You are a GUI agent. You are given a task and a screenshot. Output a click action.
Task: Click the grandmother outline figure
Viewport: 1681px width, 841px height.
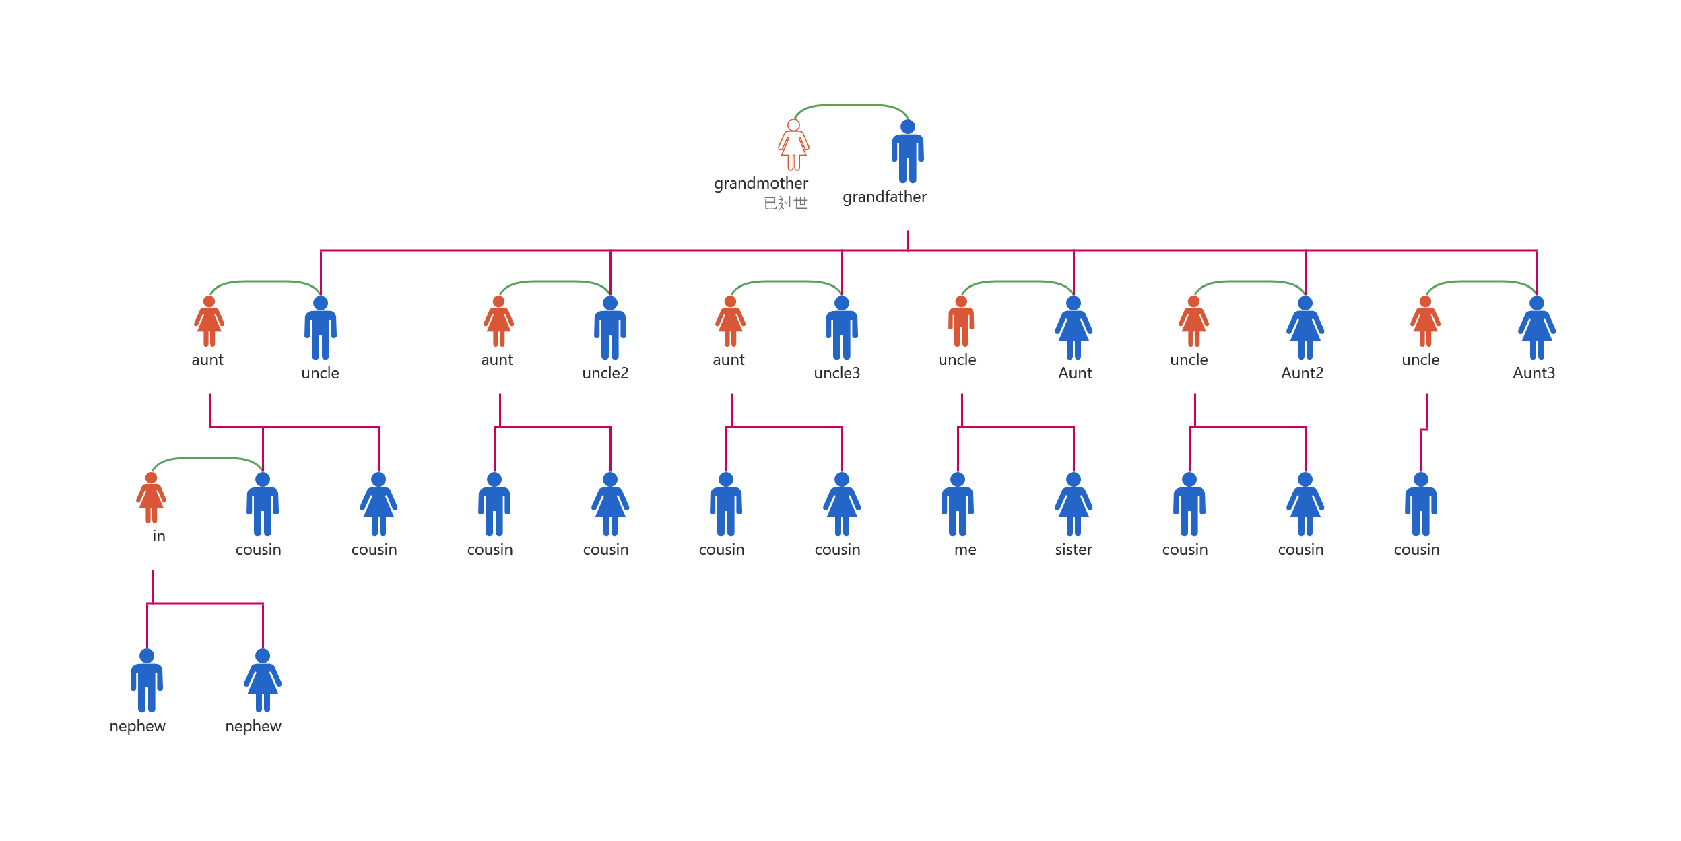pyautogui.click(x=793, y=145)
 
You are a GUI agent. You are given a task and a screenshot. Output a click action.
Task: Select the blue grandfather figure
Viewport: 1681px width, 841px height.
pyautogui.click(x=908, y=152)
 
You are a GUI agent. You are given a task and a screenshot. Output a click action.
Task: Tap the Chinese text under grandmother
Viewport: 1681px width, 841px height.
pyautogui.click(x=785, y=203)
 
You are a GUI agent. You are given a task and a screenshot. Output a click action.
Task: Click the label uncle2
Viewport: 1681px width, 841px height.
pyautogui.click(x=605, y=373)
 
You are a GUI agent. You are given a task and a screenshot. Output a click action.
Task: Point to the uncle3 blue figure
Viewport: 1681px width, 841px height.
pyautogui.click(x=842, y=328)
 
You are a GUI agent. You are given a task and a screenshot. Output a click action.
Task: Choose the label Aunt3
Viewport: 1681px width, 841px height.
pyautogui.click(x=1534, y=373)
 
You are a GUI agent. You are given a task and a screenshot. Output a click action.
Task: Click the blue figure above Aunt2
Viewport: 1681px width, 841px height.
pyautogui.click(x=1305, y=328)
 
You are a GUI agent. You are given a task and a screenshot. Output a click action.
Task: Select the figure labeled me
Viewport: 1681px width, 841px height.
pyautogui.click(x=958, y=504)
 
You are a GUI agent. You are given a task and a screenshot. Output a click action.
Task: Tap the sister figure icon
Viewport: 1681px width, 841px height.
pyautogui.click(x=1074, y=504)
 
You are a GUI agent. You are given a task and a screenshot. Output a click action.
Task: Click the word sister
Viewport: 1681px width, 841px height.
pyautogui.click(x=1074, y=549)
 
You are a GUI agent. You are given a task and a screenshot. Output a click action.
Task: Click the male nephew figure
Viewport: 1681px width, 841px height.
pyautogui.click(x=147, y=681)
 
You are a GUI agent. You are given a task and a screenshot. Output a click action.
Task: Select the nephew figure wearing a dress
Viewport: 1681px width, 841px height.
pyautogui.click(x=263, y=681)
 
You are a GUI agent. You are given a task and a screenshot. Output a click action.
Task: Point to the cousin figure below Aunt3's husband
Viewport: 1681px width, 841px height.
pyautogui.click(x=1421, y=504)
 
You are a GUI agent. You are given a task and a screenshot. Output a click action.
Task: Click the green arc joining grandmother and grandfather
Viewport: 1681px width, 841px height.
pyautogui.click(x=851, y=105)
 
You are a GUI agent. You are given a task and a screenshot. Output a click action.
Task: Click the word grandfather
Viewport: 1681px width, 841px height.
pyautogui.click(x=884, y=197)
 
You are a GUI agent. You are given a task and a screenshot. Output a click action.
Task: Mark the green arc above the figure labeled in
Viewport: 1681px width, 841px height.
pyautogui.click(x=207, y=458)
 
